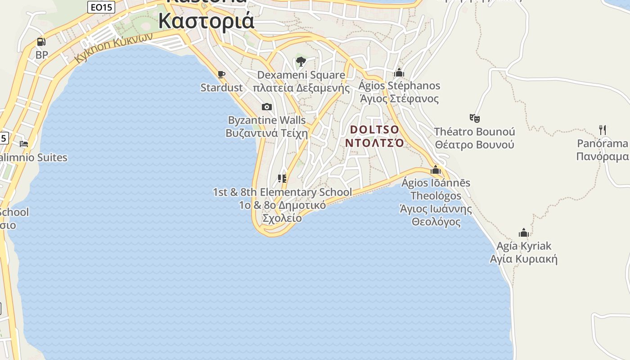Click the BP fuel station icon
click(41, 42)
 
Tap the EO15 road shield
click(101, 7)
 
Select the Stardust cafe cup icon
click(221, 74)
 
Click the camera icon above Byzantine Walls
click(267, 107)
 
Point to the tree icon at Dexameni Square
click(301, 62)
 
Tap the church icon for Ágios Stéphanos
click(399, 72)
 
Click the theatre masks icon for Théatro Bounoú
click(474, 118)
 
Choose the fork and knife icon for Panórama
click(603, 130)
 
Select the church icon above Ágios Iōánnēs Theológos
click(436, 170)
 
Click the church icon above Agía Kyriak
click(524, 233)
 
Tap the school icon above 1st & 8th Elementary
click(282, 179)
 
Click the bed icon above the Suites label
click(24, 144)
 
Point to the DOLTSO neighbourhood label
click(374, 130)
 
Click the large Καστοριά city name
click(206, 21)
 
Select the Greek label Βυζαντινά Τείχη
click(266, 133)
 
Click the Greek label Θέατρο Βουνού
click(474, 145)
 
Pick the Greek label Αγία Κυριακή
click(523, 259)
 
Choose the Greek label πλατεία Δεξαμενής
click(301, 88)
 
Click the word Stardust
click(221, 88)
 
